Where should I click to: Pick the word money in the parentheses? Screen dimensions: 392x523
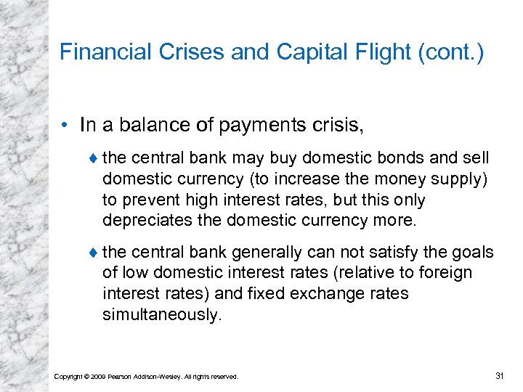395,179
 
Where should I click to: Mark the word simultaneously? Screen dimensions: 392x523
161,314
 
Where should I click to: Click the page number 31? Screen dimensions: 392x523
499,375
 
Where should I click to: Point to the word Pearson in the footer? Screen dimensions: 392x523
121,377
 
